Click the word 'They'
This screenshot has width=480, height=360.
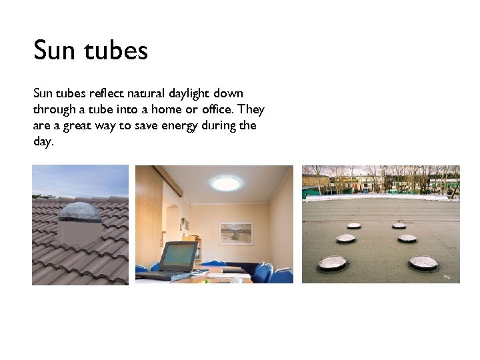pyautogui.click(x=251, y=109)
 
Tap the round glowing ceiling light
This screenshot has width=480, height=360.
pyautogui.click(x=227, y=182)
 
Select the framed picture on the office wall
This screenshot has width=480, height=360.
pyautogui.click(x=236, y=233)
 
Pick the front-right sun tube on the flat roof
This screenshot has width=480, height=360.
pyautogui.click(x=423, y=263)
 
